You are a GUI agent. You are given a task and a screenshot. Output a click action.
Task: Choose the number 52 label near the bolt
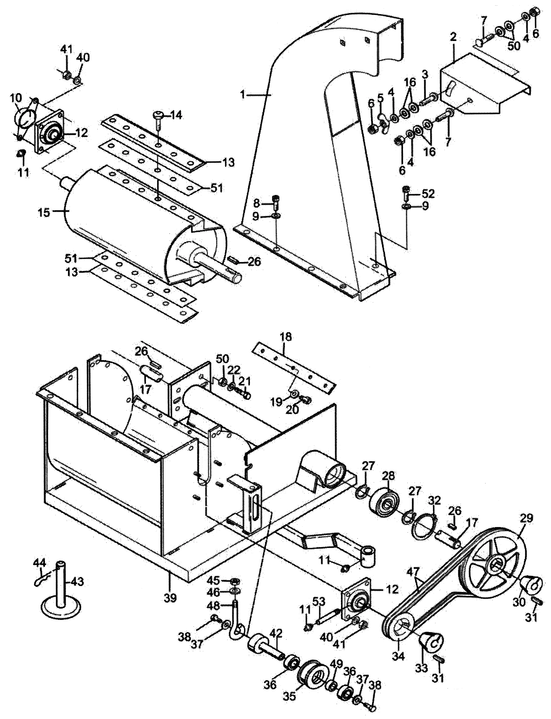tap(428, 194)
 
